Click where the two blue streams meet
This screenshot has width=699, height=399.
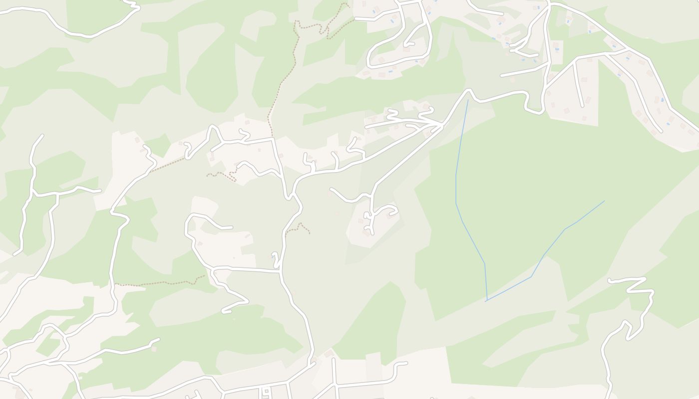click(486, 301)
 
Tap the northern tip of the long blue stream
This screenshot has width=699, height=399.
click(468, 100)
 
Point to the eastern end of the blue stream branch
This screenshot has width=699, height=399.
click(604, 201)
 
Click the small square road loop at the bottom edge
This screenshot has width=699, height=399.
click(266, 391)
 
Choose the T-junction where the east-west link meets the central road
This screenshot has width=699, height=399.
click(280, 271)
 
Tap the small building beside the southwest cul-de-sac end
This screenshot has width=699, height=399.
click(154, 349)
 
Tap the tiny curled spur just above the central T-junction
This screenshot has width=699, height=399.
click(275, 258)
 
